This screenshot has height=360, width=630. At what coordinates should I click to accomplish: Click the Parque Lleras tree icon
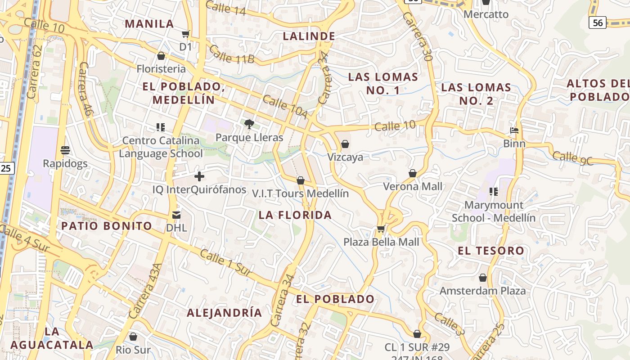click(x=248, y=124)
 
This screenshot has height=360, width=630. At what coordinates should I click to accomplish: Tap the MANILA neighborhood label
click(x=149, y=24)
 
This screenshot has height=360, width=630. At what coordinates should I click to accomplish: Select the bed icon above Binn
click(x=514, y=131)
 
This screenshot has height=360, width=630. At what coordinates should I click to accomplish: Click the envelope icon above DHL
click(x=176, y=215)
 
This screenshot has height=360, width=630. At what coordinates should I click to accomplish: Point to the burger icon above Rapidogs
click(x=65, y=150)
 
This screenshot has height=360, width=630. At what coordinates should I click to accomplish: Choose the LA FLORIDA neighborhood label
click(x=295, y=215)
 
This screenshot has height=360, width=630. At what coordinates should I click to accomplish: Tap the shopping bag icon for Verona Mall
click(x=413, y=173)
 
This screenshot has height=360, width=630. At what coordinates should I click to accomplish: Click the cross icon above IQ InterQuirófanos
click(x=199, y=176)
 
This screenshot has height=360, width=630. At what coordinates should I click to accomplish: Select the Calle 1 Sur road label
click(x=225, y=262)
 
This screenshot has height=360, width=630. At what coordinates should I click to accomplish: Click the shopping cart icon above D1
click(x=185, y=34)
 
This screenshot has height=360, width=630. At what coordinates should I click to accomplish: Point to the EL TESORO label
click(x=491, y=251)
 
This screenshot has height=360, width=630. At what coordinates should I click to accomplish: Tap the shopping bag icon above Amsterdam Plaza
click(x=483, y=278)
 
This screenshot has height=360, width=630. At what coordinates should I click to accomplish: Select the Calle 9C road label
click(x=573, y=158)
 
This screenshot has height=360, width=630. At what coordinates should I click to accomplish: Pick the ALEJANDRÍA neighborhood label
click(x=224, y=313)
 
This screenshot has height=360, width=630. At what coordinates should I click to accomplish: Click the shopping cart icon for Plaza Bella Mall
click(x=381, y=229)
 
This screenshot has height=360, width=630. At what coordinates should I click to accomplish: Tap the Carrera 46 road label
click(x=85, y=89)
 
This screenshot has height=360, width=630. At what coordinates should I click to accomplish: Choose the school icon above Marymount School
click(x=494, y=192)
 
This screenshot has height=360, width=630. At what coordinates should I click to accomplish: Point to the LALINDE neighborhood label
click(x=309, y=36)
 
